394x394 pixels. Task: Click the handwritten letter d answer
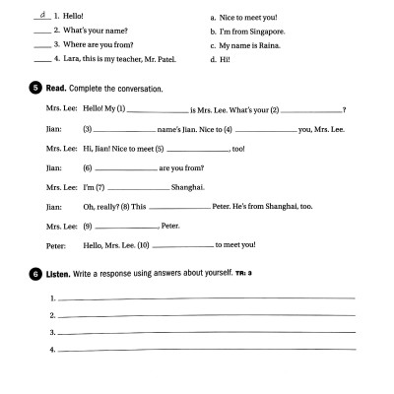[40, 15]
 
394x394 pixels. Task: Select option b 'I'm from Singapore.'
[258, 32]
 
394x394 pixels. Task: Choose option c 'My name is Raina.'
[256, 45]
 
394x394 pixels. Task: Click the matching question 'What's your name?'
[94, 32]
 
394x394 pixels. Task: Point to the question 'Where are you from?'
[97, 44]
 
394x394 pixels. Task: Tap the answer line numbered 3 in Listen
[207, 333]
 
